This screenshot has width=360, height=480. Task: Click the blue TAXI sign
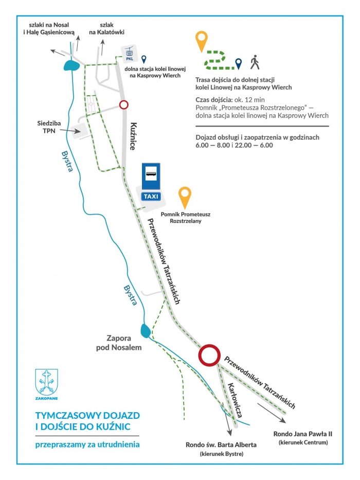[x=151, y=196]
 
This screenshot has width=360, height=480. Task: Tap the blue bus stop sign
[x=151, y=176]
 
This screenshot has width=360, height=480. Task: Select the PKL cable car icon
[x=130, y=54]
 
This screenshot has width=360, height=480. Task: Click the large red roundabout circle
[x=209, y=355]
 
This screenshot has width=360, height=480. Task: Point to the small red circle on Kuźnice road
[x=123, y=105]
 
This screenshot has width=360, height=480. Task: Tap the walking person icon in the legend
[x=255, y=62]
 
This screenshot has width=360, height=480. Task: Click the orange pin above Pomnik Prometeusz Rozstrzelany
[x=185, y=198]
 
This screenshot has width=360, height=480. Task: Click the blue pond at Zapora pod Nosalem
[x=146, y=330]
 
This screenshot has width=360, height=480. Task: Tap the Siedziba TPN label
[x=49, y=127]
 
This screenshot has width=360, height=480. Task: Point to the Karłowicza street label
[x=235, y=400]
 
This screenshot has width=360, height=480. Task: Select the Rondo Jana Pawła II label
[x=303, y=434]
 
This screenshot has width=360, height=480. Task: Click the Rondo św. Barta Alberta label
[x=221, y=445]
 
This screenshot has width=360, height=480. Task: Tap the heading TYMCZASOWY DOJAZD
[x=87, y=415]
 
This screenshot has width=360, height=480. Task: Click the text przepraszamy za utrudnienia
[x=87, y=445]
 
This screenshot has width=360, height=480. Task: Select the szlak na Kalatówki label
[x=106, y=28]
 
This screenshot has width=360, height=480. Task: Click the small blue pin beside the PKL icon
[x=143, y=59]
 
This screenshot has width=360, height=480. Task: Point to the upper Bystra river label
[x=67, y=161]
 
